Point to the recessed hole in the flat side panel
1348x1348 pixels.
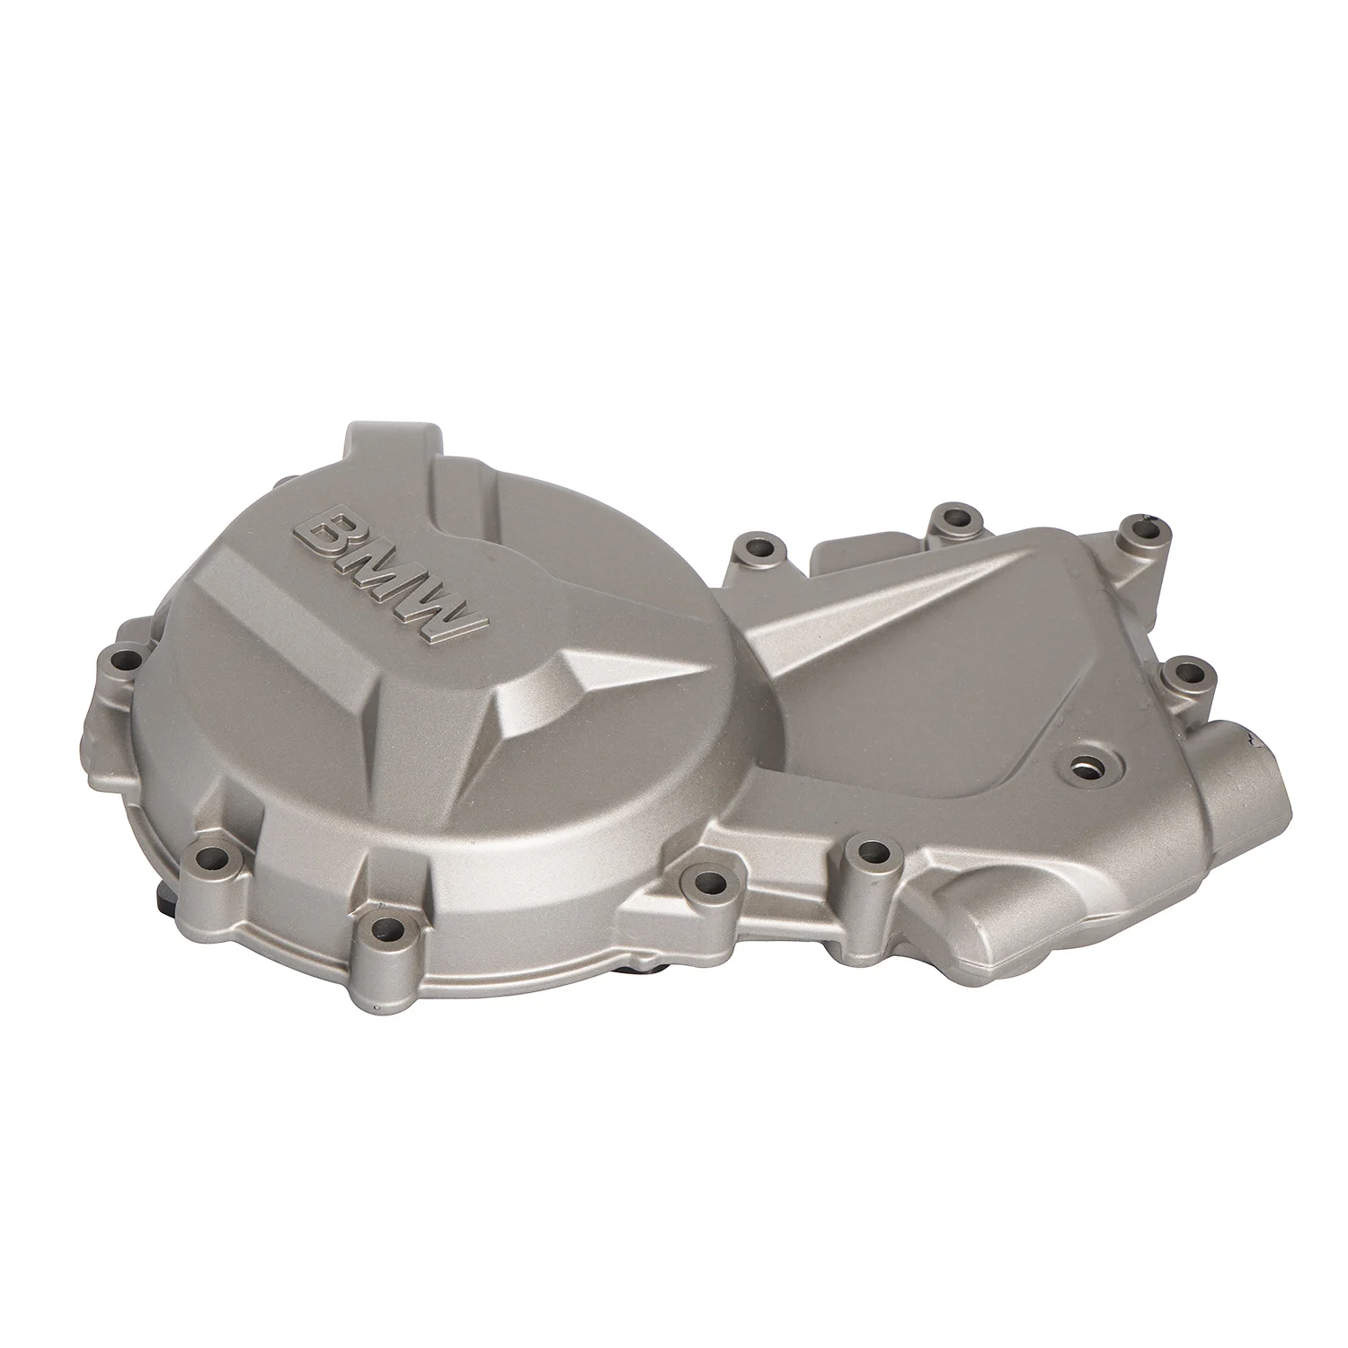(1087, 765)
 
